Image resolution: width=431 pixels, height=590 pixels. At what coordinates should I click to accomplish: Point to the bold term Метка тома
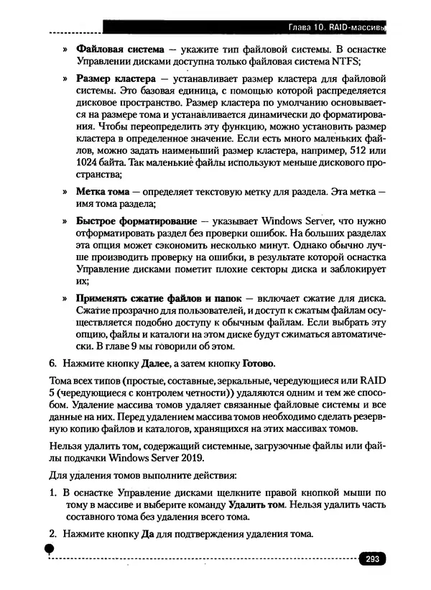[103, 193]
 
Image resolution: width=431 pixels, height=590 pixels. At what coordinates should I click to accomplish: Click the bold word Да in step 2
[149, 535]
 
